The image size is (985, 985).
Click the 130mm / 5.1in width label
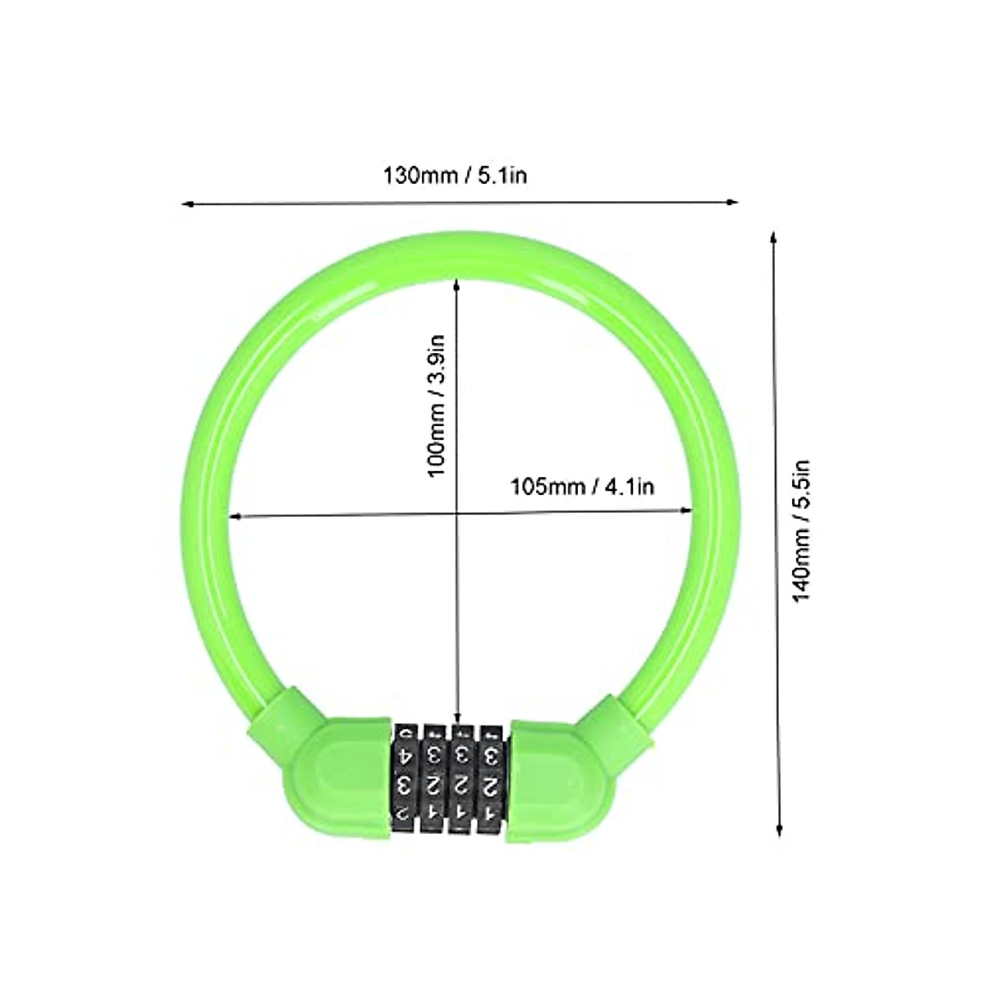(x=456, y=176)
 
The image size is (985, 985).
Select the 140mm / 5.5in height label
(x=801, y=530)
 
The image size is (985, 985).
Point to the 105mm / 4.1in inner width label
(x=583, y=487)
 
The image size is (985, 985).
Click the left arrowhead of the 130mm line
(x=186, y=203)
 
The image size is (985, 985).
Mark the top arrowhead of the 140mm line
(x=772, y=237)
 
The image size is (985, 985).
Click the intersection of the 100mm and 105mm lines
(x=456, y=514)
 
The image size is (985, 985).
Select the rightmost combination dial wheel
(x=492, y=776)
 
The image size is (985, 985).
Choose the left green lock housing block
(x=337, y=780)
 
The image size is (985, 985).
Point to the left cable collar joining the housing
(x=283, y=715)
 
